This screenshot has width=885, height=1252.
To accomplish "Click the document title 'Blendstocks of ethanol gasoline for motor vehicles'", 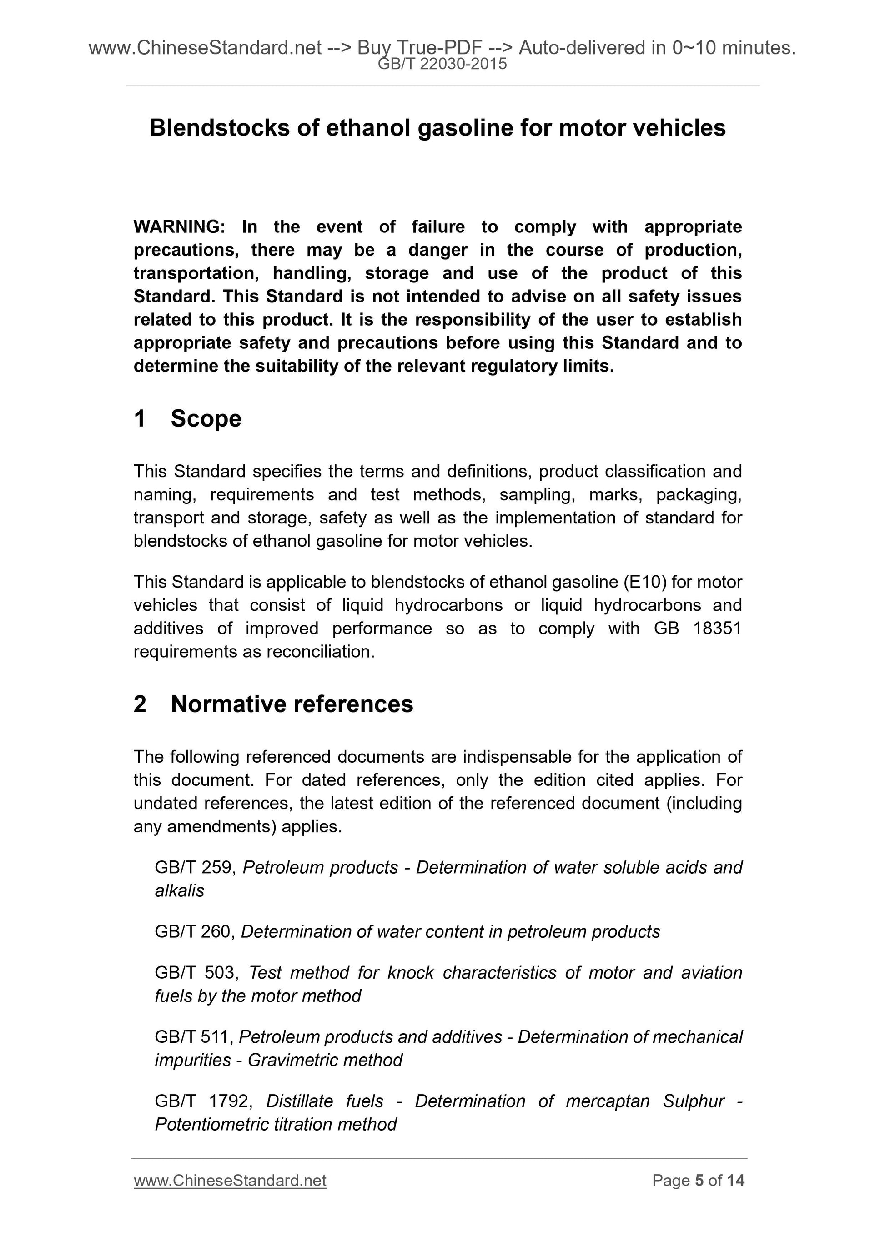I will pyautogui.click(x=437, y=128).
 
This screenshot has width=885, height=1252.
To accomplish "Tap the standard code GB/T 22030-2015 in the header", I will pyautogui.click(x=442, y=64).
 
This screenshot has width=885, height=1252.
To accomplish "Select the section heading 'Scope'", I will pyautogui.click(x=206, y=419).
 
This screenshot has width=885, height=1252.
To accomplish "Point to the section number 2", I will pyautogui.click(x=140, y=704).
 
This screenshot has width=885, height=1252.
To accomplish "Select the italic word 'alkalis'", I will pyautogui.click(x=179, y=891).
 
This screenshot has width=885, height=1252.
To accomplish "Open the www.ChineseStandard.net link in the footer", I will pyautogui.click(x=230, y=1181).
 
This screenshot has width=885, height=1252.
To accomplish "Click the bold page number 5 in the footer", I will pyautogui.click(x=699, y=1181).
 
